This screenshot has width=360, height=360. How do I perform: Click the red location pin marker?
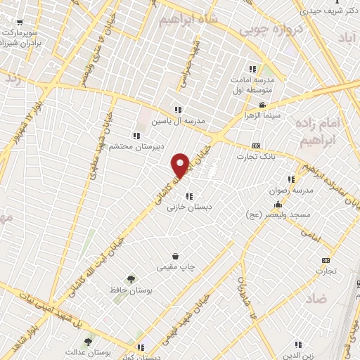(x=181, y=166)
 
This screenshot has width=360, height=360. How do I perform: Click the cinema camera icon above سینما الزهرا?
(x=262, y=105)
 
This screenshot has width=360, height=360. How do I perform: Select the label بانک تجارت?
(x=254, y=156)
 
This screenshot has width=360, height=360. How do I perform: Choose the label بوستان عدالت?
(x=85, y=351)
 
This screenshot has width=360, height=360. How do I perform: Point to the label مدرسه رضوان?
(x=288, y=190)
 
